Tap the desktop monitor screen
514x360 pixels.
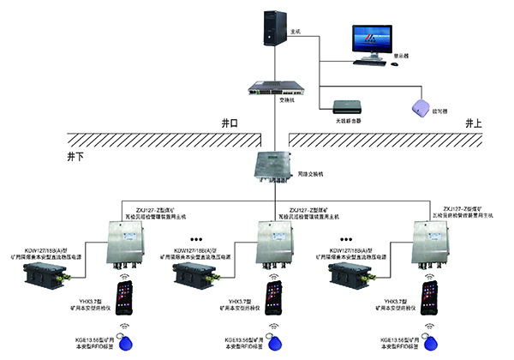(372, 39)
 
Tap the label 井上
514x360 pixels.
(472, 124)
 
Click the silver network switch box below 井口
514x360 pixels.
(273, 165)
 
